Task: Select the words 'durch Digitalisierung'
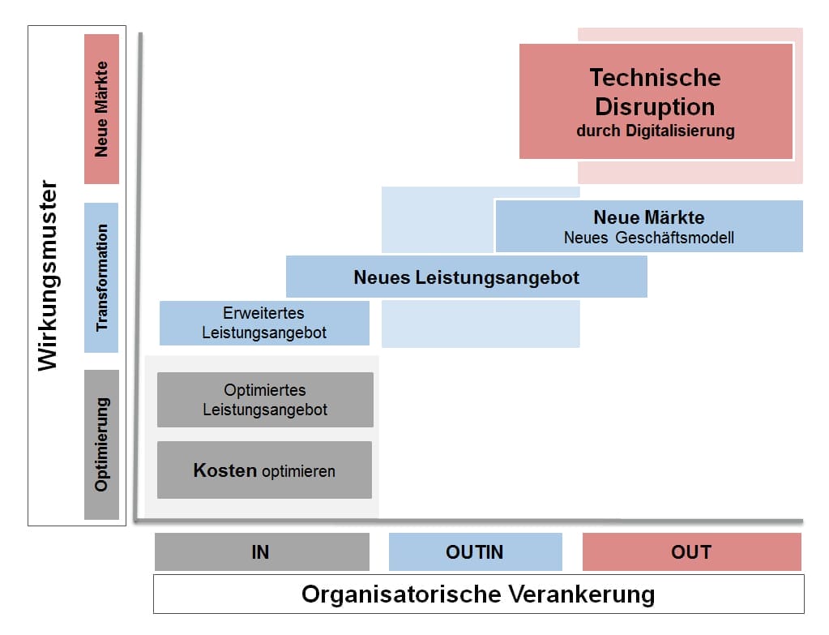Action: click(655, 131)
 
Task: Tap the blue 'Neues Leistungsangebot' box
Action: click(466, 277)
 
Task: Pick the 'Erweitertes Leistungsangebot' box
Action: click(264, 323)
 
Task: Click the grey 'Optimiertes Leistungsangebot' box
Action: click(265, 400)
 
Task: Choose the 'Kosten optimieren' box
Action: click(264, 470)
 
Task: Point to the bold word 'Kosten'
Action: click(224, 470)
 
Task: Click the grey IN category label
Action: click(261, 552)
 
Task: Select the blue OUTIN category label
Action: click(475, 552)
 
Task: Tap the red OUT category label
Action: click(691, 552)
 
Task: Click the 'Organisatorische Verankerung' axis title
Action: click(478, 594)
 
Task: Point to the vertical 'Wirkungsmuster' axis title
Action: click(49, 276)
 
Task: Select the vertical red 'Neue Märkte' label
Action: click(101, 109)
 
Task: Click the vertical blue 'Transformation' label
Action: click(101, 277)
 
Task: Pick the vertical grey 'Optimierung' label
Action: click(101, 444)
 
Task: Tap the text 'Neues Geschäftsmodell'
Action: click(648, 237)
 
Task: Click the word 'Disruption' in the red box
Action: click(655, 106)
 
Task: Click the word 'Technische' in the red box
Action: click(655, 78)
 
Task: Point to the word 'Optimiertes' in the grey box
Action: click(265, 391)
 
